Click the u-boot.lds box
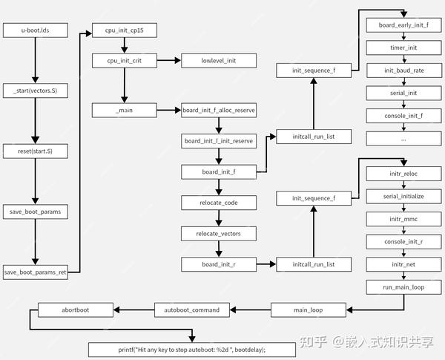coord(36,30)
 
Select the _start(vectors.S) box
coord(36,91)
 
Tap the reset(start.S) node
coord(36,151)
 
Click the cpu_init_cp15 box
coord(123,30)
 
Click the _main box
coord(123,110)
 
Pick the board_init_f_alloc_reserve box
coord(218,110)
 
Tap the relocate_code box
coord(218,202)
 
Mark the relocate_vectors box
coord(218,233)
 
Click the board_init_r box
coord(218,264)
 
